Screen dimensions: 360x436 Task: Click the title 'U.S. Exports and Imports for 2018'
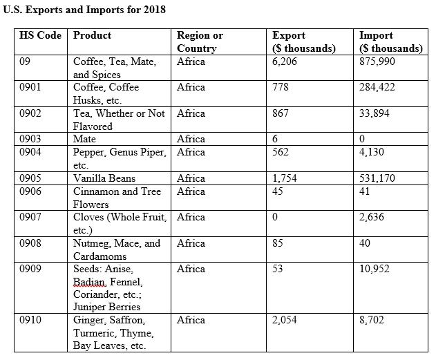click(x=84, y=10)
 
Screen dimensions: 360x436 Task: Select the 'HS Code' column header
click(x=41, y=35)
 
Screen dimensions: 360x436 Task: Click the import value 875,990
click(x=377, y=61)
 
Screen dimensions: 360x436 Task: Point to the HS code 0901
click(x=31, y=87)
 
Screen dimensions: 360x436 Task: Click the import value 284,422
click(x=377, y=87)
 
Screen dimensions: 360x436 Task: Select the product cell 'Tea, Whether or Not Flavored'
click(x=118, y=120)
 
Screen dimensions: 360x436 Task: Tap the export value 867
click(x=281, y=113)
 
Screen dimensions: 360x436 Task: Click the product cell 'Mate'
click(x=84, y=139)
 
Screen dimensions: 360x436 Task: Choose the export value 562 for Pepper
click(x=281, y=152)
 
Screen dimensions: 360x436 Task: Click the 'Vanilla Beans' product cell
click(x=104, y=178)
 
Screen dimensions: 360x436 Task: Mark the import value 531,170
click(x=377, y=178)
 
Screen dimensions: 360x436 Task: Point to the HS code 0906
click(x=31, y=191)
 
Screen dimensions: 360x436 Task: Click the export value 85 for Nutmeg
click(x=278, y=243)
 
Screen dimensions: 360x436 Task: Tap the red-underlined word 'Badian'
click(x=89, y=281)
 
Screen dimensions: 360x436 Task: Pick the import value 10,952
click(x=375, y=269)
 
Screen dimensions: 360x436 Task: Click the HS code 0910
click(x=31, y=320)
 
